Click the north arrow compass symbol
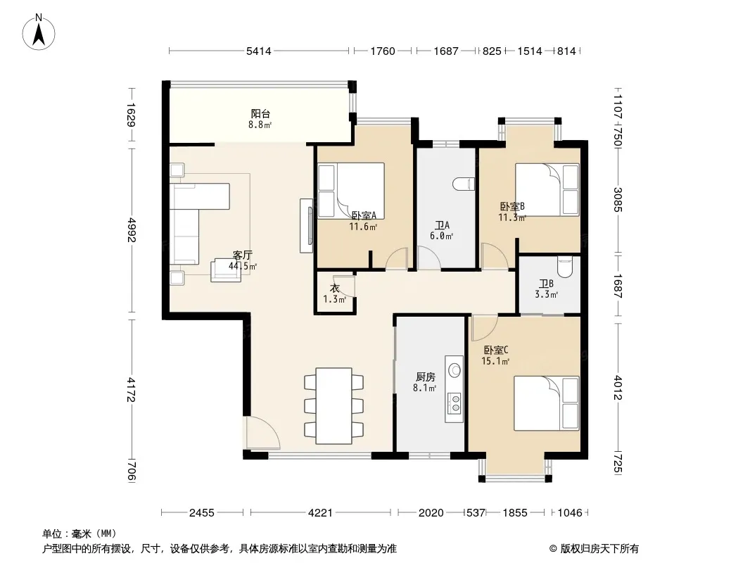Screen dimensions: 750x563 39,32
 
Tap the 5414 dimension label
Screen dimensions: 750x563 258,51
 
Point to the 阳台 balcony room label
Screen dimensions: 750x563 260,114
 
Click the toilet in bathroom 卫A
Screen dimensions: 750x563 464,184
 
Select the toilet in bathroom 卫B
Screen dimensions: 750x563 565,267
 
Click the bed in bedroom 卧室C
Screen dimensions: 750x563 546,403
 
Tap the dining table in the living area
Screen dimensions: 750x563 333,405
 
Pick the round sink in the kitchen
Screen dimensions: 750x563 455,369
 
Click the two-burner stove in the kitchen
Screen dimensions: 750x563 455,403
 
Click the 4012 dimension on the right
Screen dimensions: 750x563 618,388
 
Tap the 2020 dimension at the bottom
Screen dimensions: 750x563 431,513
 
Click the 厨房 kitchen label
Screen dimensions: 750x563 425,377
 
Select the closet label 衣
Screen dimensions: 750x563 334,289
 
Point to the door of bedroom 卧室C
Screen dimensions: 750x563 484,327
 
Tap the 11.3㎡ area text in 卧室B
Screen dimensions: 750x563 512,218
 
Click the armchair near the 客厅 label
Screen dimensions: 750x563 227,270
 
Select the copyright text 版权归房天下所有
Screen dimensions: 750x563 599,549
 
